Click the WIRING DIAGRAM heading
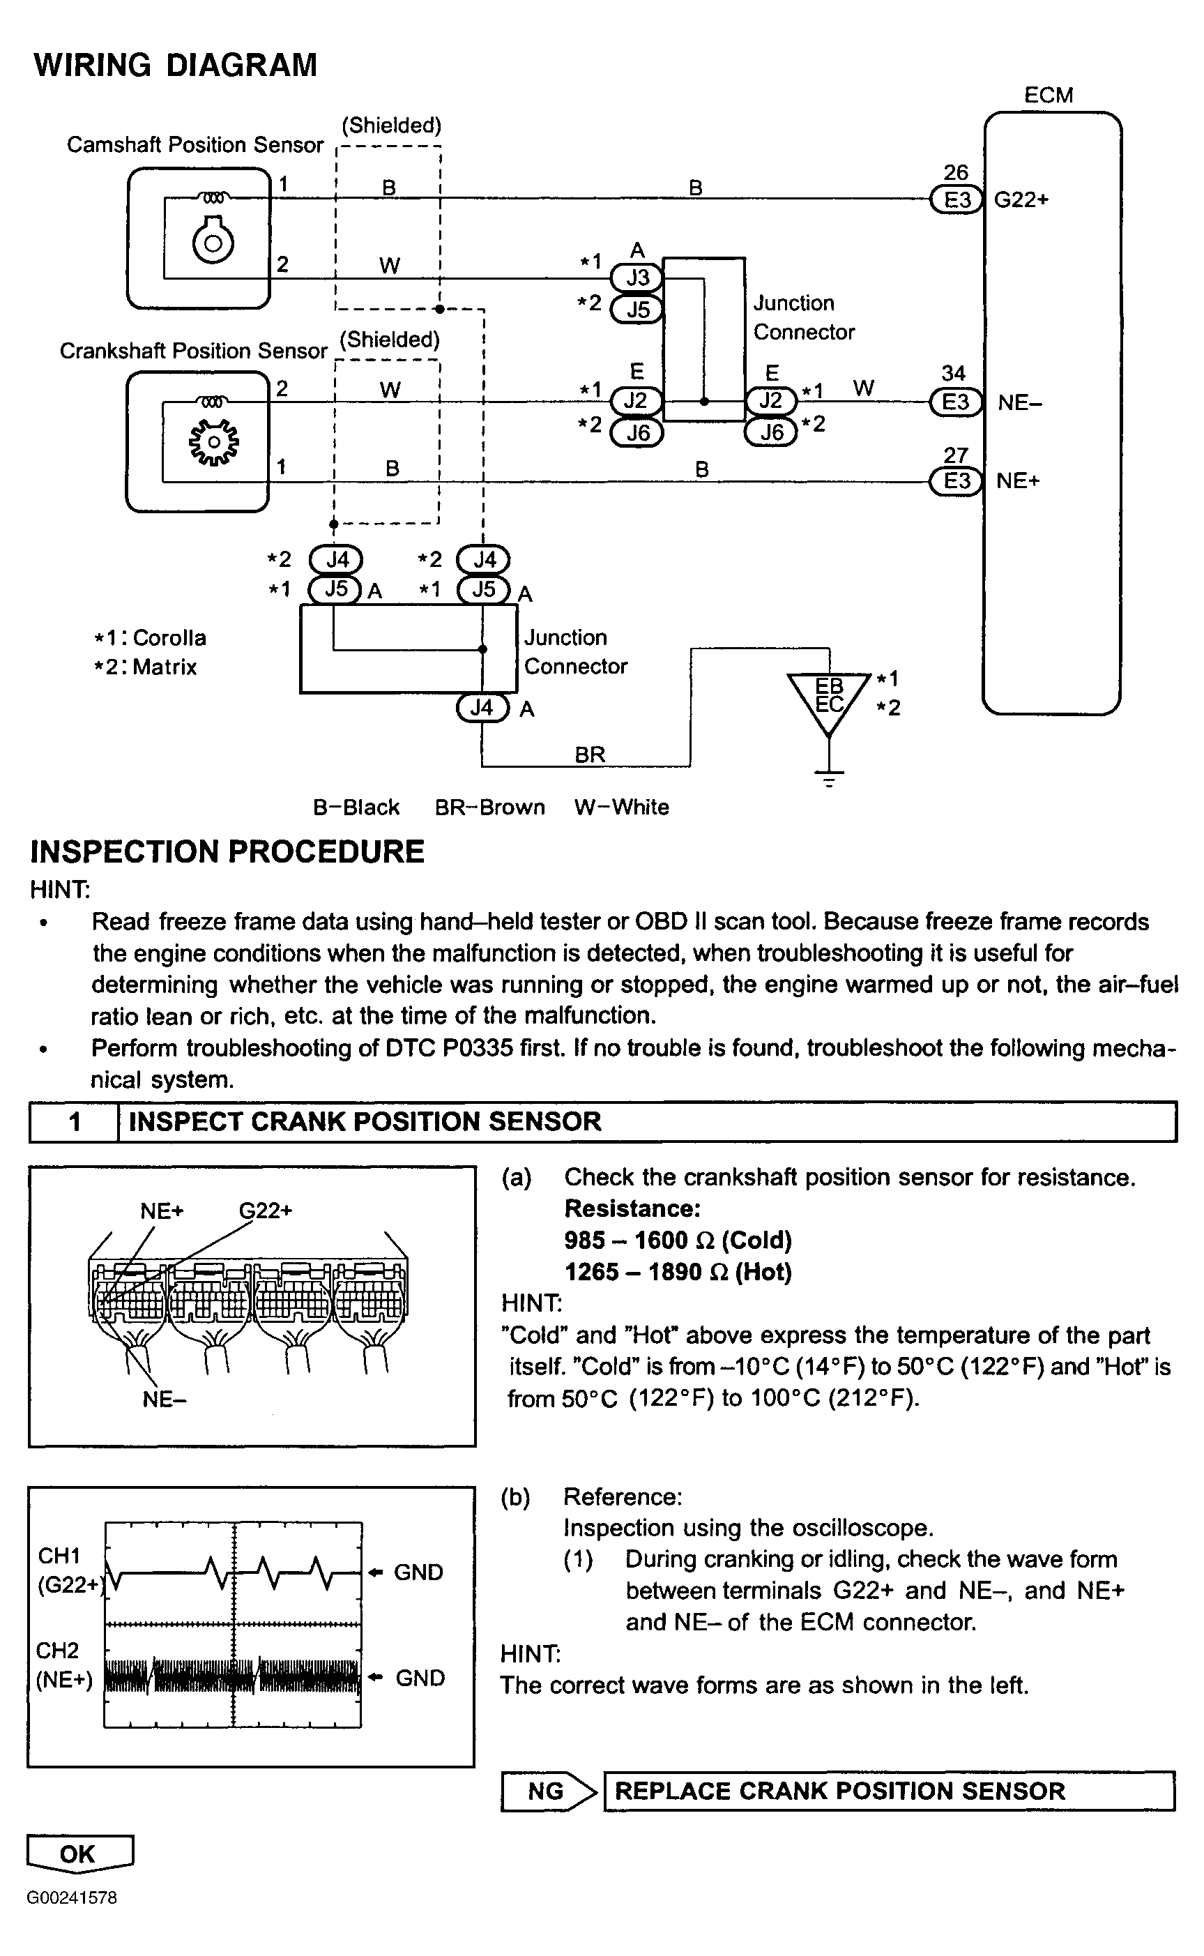175,66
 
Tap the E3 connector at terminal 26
957,200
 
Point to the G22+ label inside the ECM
1021,200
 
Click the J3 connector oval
637,278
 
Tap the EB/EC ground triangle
829,697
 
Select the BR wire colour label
590,755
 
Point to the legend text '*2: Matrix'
145,667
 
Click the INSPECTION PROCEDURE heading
227,851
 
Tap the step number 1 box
74,1121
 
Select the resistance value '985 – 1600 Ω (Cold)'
678,1240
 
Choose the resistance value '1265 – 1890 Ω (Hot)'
678,1272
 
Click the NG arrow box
548,1791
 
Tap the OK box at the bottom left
79,1853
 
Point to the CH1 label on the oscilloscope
59,1556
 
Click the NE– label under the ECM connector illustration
164,1400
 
